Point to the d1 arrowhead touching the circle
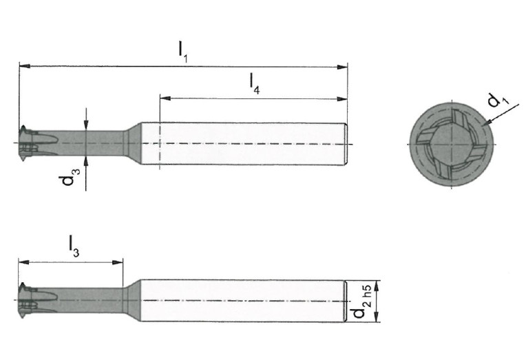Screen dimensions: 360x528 [486, 123]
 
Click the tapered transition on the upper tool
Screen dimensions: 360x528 [132, 143]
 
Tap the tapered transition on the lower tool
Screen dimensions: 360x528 [132, 300]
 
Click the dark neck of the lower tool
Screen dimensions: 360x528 [83, 300]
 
